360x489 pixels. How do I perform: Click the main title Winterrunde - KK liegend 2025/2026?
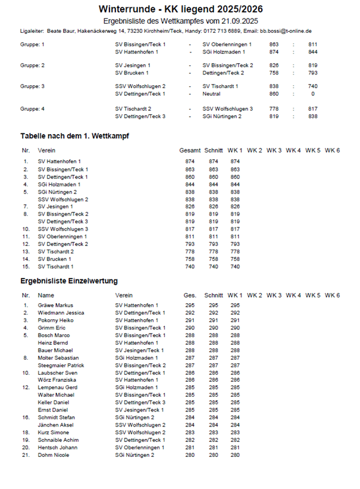tap(180, 9)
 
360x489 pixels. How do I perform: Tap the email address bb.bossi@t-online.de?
tap(287, 30)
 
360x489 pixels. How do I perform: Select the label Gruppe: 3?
tap(32, 86)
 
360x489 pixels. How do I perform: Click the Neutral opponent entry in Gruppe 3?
tap(211, 94)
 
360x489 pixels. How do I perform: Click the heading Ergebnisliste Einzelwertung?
tap(69, 281)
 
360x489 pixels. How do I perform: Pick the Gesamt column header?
tap(190, 151)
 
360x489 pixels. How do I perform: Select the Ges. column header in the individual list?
tap(190, 295)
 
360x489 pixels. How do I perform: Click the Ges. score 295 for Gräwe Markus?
tap(190, 306)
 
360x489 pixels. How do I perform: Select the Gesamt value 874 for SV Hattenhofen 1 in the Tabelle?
tap(190, 161)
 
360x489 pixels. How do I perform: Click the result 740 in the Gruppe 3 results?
tap(312, 86)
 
